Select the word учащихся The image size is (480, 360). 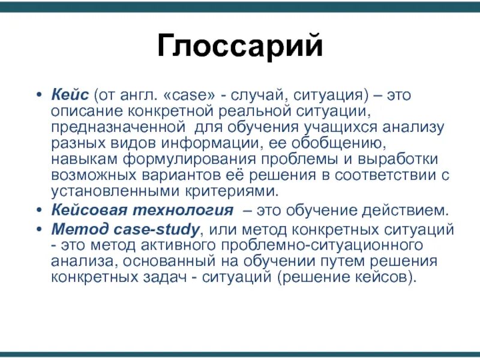click(x=332, y=128)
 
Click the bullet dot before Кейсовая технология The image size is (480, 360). click(x=39, y=211)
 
